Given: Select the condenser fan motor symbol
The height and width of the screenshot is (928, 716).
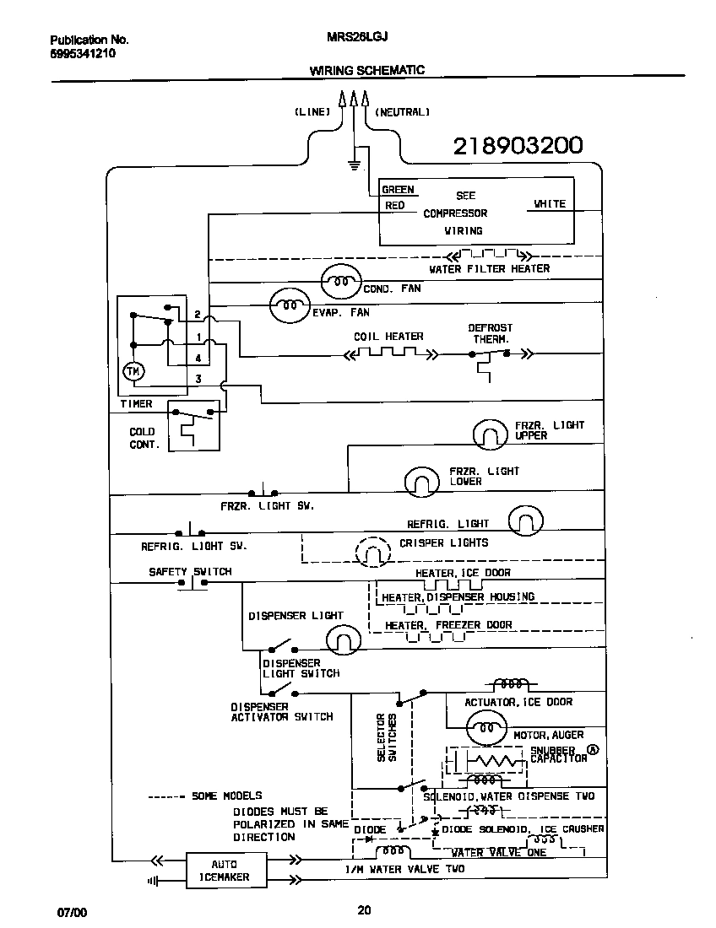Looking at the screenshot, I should pyautogui.click(x=341, y=282).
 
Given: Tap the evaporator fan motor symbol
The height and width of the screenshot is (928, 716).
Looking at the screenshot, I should pyautogui.click(x=290, y=305).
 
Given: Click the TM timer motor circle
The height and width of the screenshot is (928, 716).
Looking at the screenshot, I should pyautogui.click(x=133, y=371).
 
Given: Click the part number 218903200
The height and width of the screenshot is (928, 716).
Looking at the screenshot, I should pyautogui.click(x=518, y=146).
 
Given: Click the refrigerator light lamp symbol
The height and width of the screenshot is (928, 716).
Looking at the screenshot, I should pyautogui.click(x=525, y=521).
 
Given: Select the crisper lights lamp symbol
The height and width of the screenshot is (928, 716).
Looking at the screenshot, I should pyautogui.click(x=372, y=553).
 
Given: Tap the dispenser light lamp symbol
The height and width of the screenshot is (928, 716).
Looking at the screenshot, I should pyautogui.click(x=344, y=644).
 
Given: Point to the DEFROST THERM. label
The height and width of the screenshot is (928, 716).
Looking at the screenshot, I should pyautogui.click(x=490, y=333).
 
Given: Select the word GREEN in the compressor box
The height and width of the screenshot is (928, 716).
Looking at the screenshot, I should pyautogui.click(x=398, y=190).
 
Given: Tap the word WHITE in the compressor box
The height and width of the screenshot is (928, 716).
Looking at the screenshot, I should pyautogui.click(x=550, y=204).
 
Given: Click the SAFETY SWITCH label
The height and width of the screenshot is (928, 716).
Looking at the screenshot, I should pyautogui.click(x=190, y=571).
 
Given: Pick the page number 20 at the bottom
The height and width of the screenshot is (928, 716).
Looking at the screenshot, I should pyautogui.click(x=364, y=910).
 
